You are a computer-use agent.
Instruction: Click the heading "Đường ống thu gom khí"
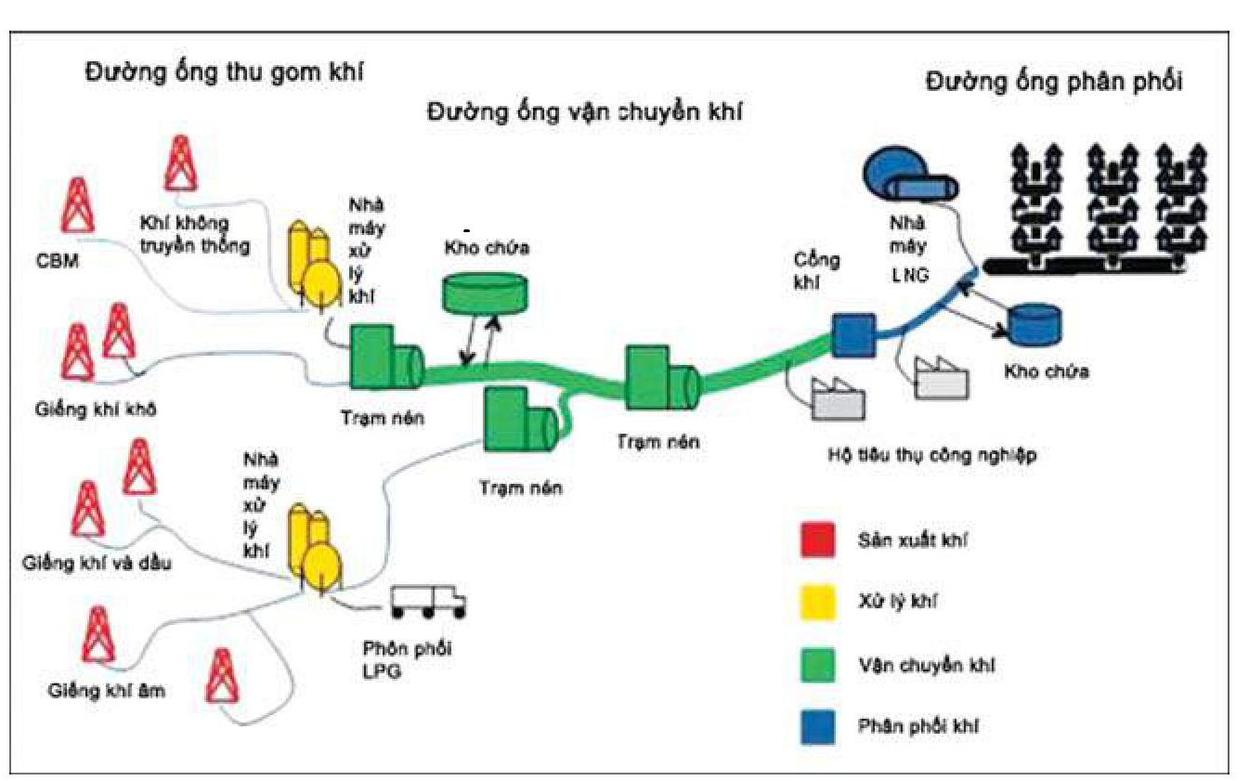tap(224, 73)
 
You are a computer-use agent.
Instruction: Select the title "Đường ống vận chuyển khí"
tap(587, 112)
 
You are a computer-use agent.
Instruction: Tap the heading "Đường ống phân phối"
tap(1054, 82)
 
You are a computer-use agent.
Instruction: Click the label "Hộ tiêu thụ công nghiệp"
tap(930, 455)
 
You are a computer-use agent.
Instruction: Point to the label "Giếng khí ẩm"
tap(107, 692)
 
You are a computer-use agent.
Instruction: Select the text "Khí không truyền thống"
tap(194, 235)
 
